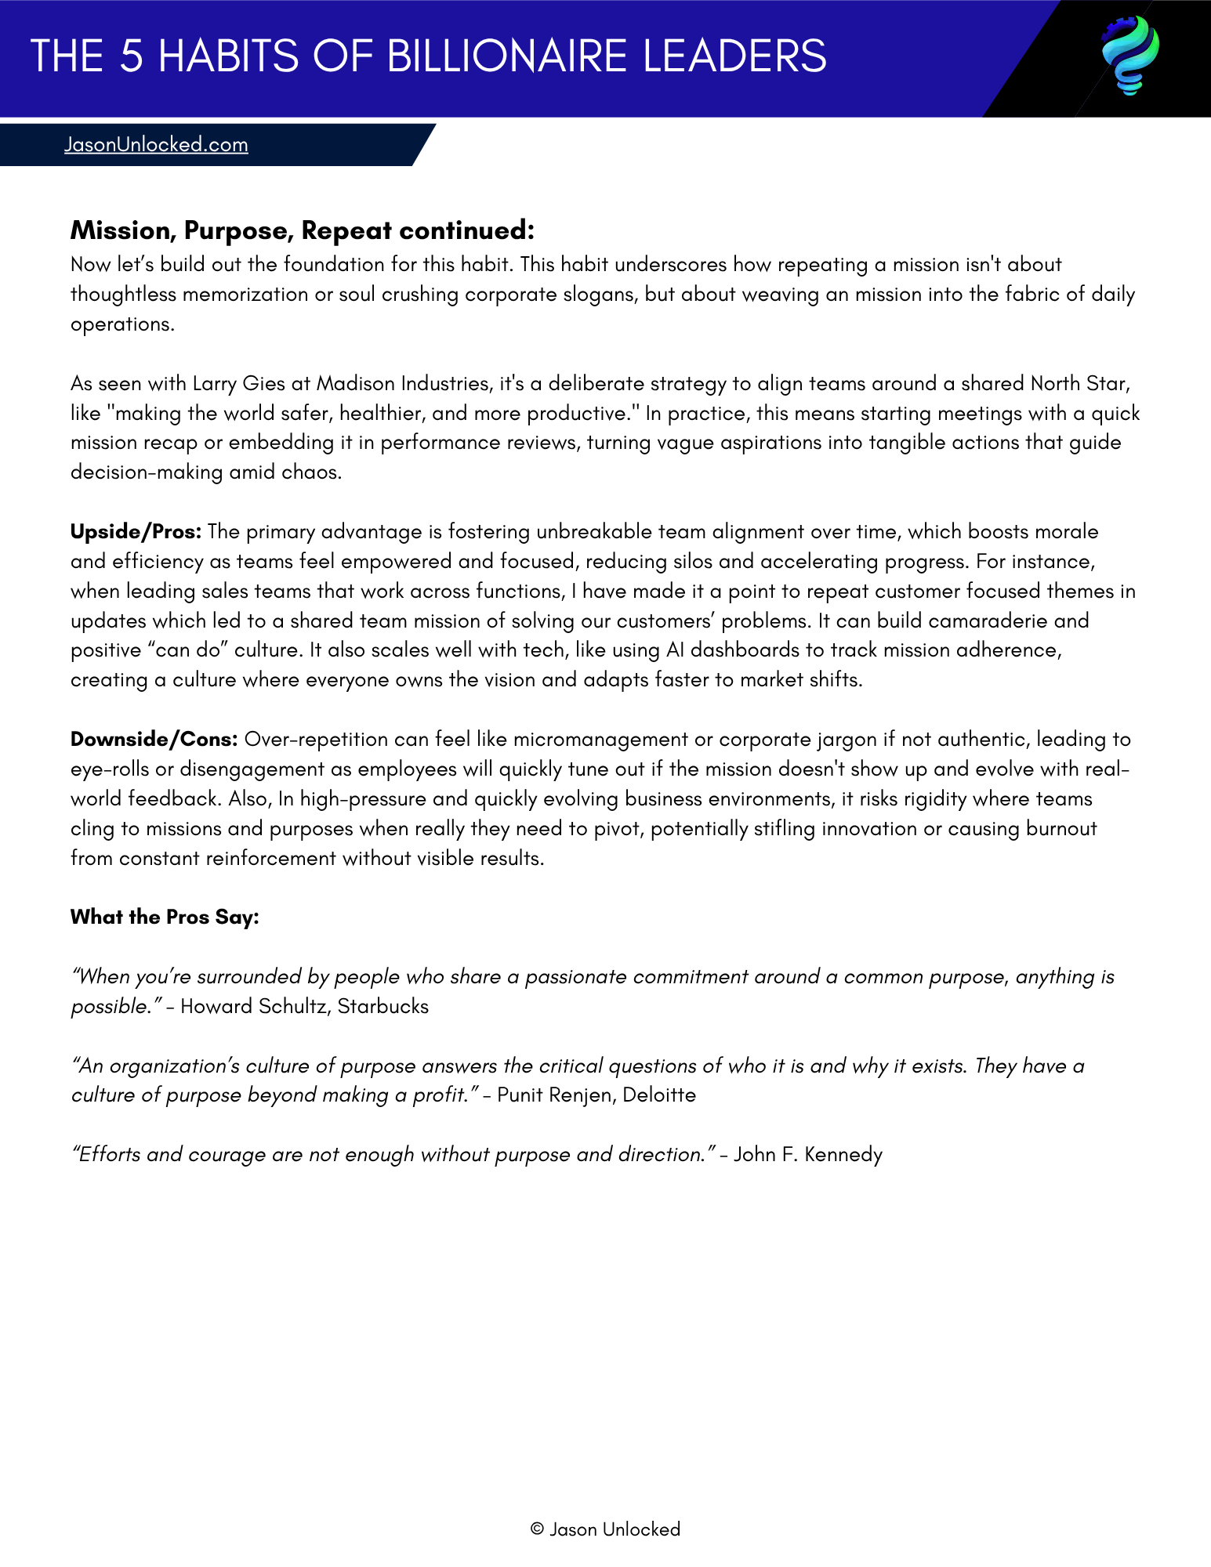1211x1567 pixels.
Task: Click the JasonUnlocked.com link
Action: coord(156,145)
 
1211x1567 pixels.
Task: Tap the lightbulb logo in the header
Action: coord(1130,56)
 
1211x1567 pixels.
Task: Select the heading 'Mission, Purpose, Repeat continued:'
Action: coord(302,230)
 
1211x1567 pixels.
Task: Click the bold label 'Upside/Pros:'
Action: coord(136,532)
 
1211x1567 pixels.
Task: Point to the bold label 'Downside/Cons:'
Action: coord(154,740)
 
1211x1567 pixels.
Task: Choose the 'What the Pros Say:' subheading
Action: coord(165,917)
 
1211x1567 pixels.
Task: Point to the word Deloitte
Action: coord(659,1095)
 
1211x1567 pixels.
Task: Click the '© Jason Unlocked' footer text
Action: coord(605,1529)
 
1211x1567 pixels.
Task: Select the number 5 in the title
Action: coord(132,56)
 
